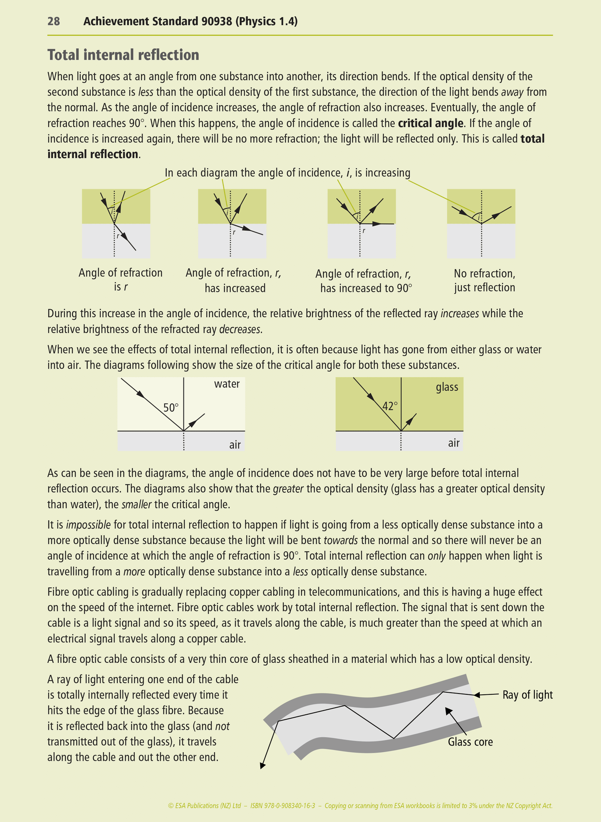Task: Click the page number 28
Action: [x=54, y=21]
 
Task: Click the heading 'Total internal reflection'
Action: [x=123, y=55]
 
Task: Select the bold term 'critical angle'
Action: [x=430, y=123]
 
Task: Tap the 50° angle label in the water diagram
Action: [x=171, y=407]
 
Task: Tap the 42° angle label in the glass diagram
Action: [x=390, y=406]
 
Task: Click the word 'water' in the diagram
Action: [x=227, y=384]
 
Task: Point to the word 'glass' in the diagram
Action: [x=447, y=387]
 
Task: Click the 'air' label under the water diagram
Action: [x=235, y=445]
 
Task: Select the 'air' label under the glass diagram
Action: [x=454, y=443]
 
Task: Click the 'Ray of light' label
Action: [x=527, y=695]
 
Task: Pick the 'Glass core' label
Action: [x=470, y=742]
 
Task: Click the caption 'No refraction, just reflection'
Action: [x=484, y=280]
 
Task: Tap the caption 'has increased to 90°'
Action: [x=366, y=288]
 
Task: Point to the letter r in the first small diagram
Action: [x=118, y=236]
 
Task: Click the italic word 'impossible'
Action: [x=88, y=525]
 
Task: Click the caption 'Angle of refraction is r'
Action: [x=120, y=280]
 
